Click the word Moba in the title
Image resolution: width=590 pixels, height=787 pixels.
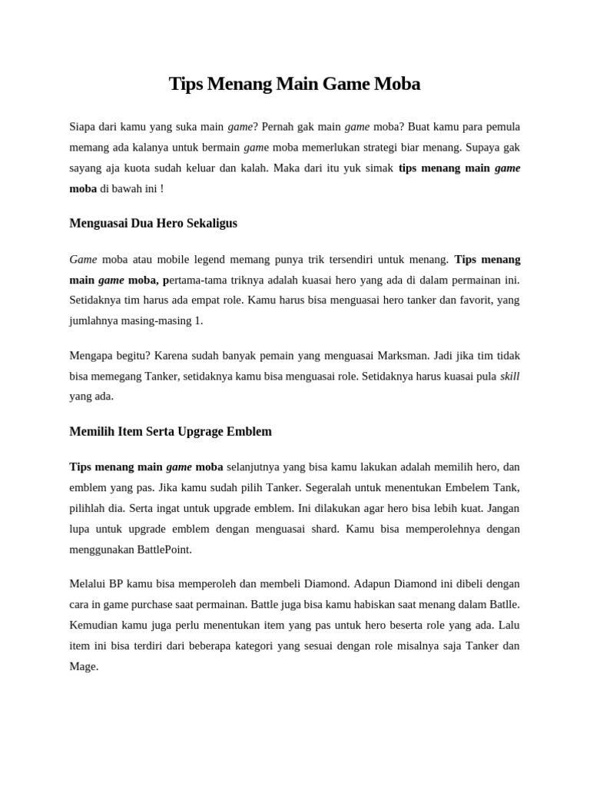tap(396, 84)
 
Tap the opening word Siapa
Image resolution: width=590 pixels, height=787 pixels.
tap(85, 126)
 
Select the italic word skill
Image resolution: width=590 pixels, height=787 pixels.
tap(509, 376)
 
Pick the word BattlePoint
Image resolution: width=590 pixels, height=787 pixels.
tap(164, 550)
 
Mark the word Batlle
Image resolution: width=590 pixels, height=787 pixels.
tap(503, 604)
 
